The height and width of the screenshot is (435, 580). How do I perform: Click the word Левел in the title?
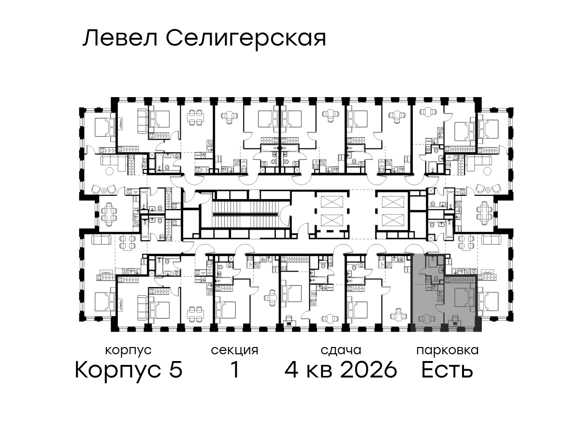pos(120,39)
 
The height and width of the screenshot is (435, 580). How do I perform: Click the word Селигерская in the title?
pos(246,40)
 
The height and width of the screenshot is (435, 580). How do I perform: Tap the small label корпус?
pos(129,351)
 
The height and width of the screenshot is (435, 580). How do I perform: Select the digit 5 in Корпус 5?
pos(176,369)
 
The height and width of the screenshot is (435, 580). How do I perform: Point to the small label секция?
pos(234,351)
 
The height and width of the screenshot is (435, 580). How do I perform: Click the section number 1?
pos(235,369)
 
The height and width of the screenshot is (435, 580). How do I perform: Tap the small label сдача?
pos(341,350)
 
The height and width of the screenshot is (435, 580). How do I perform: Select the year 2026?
pos(369,369)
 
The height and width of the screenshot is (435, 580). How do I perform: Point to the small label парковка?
pos(448,351)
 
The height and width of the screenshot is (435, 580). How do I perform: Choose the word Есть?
pos(447,369)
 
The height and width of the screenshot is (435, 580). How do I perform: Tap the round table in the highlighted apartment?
pos(425,319)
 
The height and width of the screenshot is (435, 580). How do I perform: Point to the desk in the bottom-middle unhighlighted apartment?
pos(290,320)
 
